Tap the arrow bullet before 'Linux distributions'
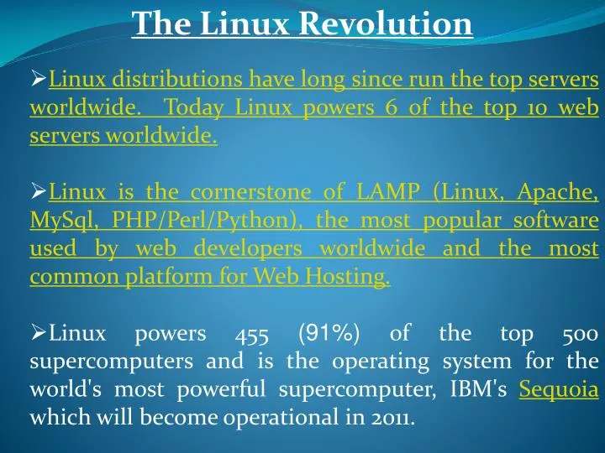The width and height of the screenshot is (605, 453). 38,81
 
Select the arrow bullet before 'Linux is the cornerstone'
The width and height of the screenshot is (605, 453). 38,194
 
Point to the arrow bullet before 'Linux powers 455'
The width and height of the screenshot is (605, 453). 38,335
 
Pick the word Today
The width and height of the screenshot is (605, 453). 194,108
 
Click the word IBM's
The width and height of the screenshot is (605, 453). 481,390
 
